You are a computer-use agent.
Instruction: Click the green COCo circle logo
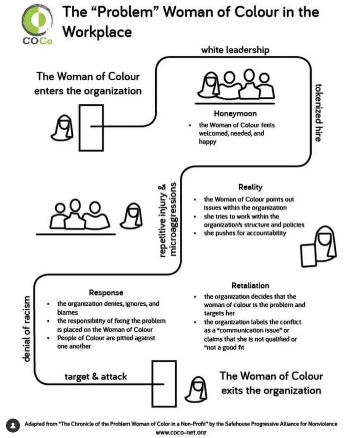point(37,19)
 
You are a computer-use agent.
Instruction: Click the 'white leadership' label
point(235,50)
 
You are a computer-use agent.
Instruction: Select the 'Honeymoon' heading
point(235,113)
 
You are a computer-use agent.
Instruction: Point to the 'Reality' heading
point(250,187)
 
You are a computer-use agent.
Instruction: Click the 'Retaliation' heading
point(250,285)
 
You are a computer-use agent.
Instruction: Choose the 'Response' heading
point(106,293)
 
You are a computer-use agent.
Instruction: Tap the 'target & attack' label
point(95,377)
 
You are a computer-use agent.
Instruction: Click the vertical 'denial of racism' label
point(26,329)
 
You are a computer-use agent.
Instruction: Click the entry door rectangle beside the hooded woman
point(91,128)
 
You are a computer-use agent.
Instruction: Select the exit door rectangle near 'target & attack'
point(164,384)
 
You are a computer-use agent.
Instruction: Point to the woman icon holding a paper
point(319,246)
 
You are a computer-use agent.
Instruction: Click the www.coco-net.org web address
point(181,433)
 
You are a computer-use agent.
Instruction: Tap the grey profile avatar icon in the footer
point(13,426)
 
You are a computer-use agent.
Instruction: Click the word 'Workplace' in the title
point(97,31)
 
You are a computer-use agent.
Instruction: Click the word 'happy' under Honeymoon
point(207,142)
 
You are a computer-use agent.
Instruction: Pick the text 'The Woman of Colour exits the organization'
point(271,383)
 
